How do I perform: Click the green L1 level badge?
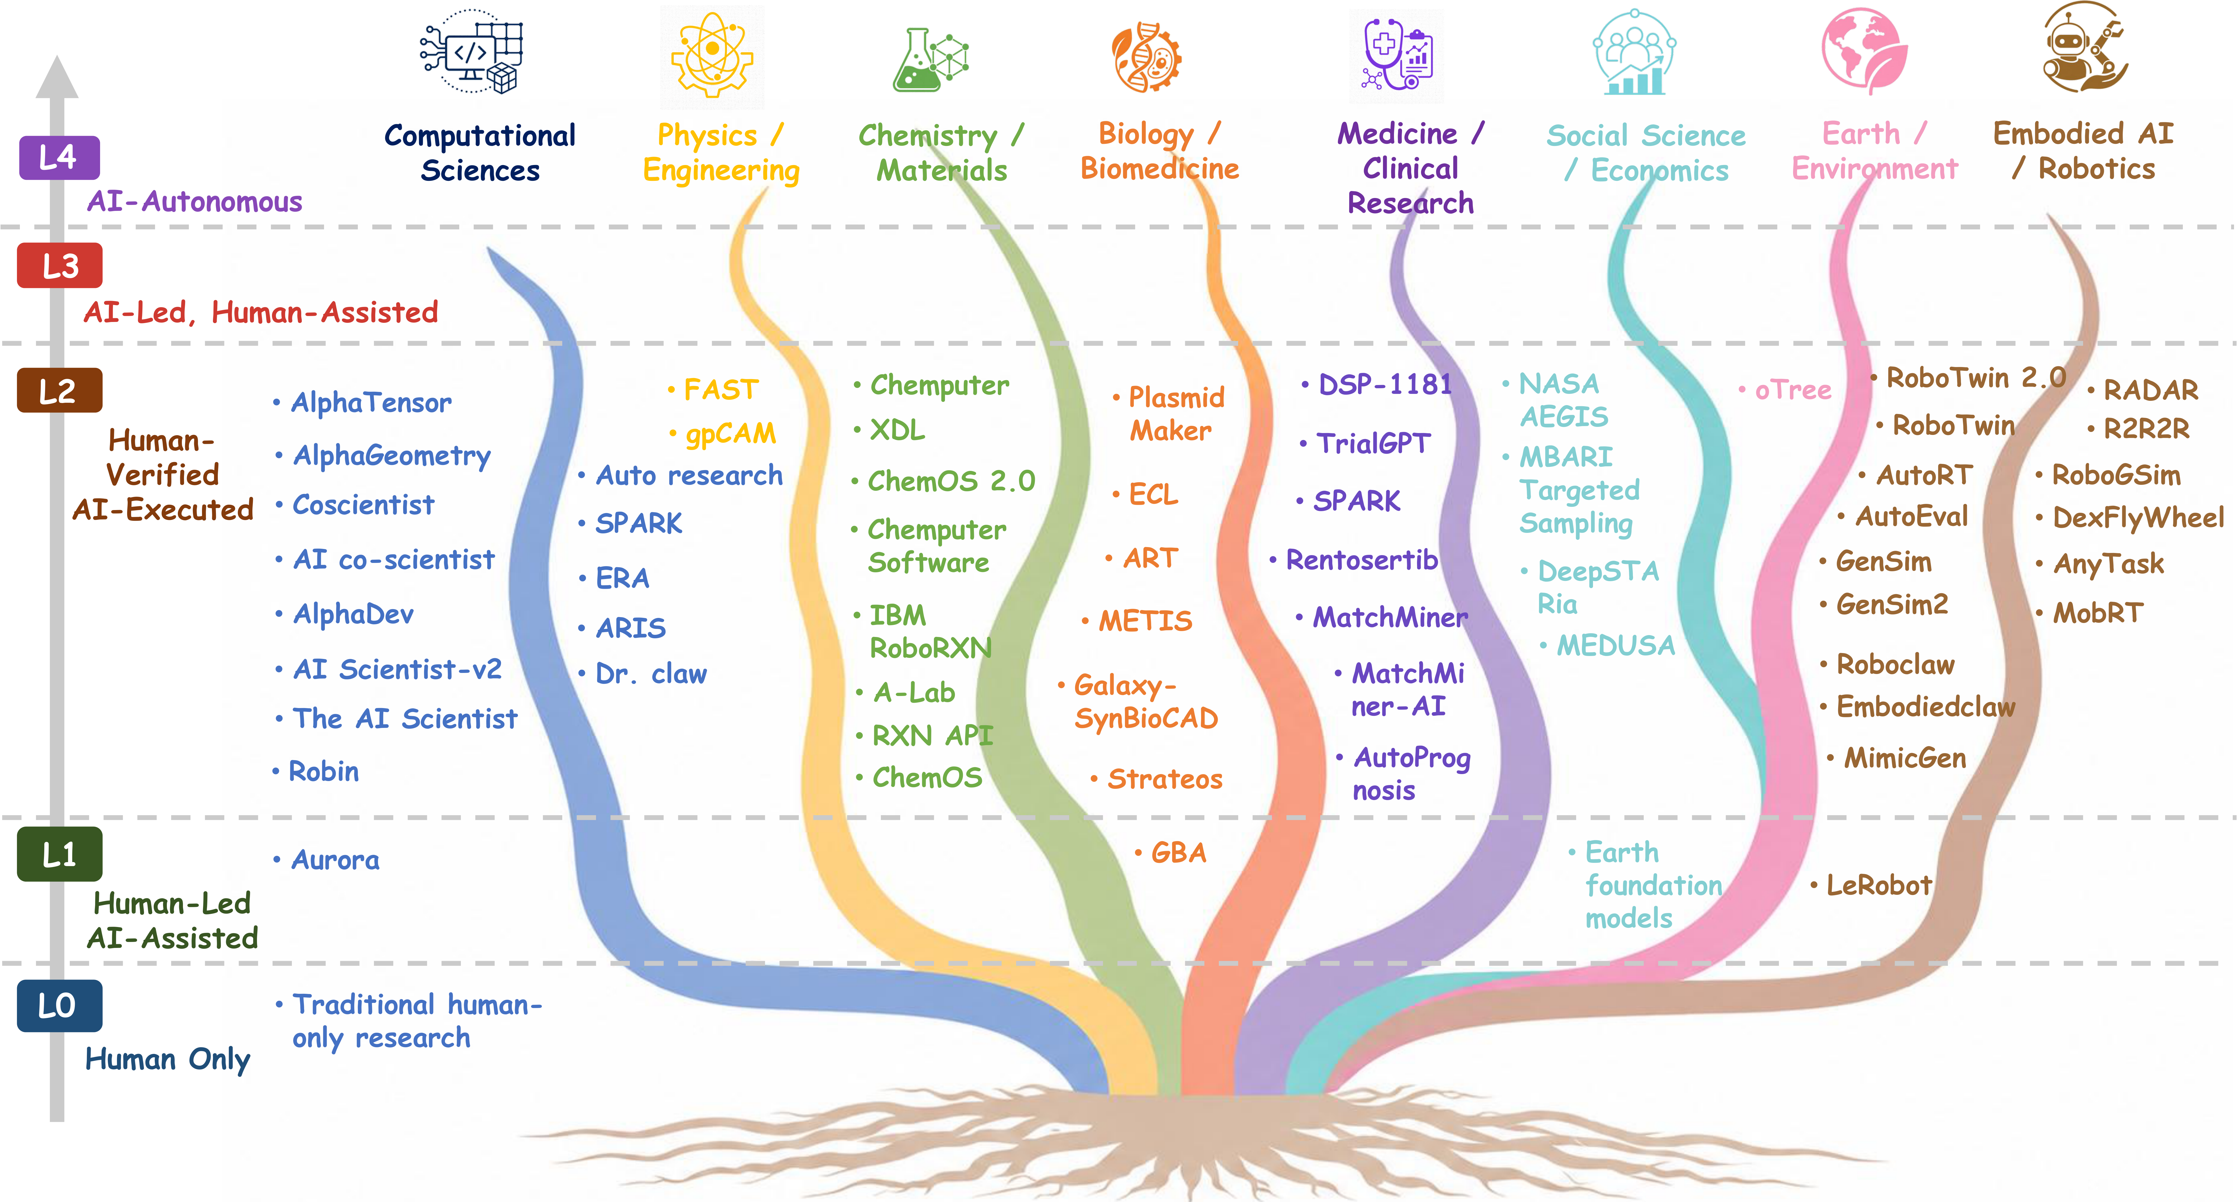[x=59, y=855]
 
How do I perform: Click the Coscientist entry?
[x=363, y=505]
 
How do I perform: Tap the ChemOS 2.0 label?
[x=951, y=480]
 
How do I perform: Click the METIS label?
[x=1145, y=620]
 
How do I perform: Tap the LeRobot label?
[x=1879, y=885]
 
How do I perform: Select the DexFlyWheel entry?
[x=2138, y=518]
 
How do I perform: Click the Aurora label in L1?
[x=335, y=860]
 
